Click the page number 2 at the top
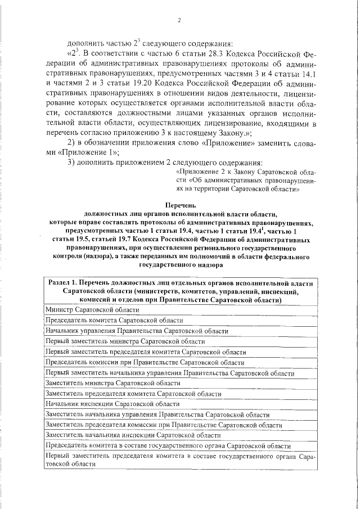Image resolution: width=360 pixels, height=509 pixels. coord(179,21)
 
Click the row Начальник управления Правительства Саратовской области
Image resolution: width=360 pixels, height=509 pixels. coord(136,331)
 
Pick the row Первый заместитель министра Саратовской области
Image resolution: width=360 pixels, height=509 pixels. coord(125,341)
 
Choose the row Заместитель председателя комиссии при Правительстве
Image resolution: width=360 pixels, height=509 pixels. coord(164,425)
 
